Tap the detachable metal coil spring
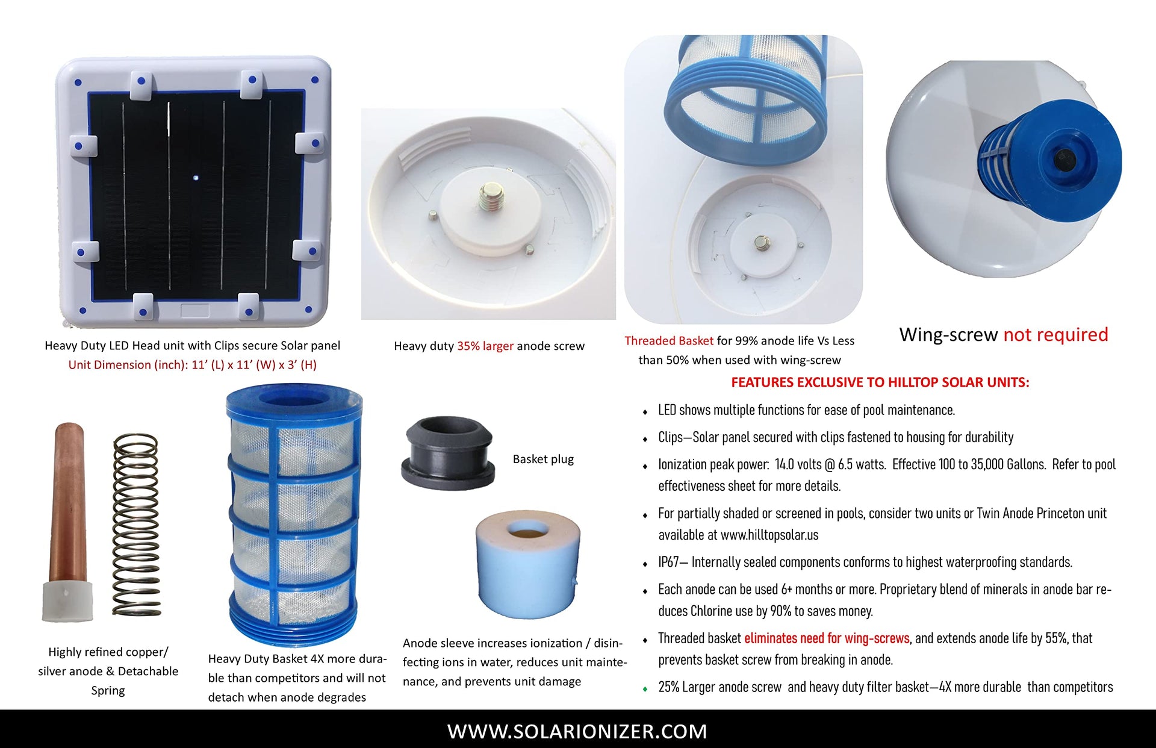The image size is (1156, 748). [x=136, y=524]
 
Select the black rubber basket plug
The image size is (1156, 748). [x=448, y=452]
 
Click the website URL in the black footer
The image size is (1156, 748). [x=577, y=731]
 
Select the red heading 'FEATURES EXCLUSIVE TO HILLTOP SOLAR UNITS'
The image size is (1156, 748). [x=880, y=382]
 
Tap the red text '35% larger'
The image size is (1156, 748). [x=485, y=346]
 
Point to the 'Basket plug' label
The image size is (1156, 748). [x=543, y=459]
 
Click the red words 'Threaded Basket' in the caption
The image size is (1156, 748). [x=669, y=340]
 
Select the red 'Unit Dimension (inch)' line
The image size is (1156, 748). [x=192, y=364]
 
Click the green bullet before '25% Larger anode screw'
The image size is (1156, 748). [x=645, y=688]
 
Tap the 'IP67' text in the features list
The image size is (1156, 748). [x=668, y=562]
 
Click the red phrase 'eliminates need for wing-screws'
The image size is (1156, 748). [x=827, y=638]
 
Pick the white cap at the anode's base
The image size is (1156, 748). [x=67, y=602]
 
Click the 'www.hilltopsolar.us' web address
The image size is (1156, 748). [x=769, y=535]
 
